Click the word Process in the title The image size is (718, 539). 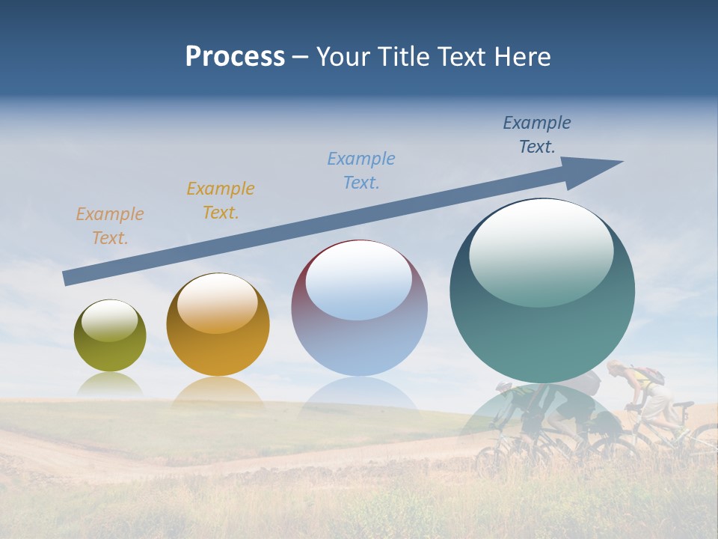[235, 57]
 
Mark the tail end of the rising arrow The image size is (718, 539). [67, 278]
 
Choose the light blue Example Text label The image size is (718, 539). [361, 171]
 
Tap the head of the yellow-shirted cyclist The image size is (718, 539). [616, 368]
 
